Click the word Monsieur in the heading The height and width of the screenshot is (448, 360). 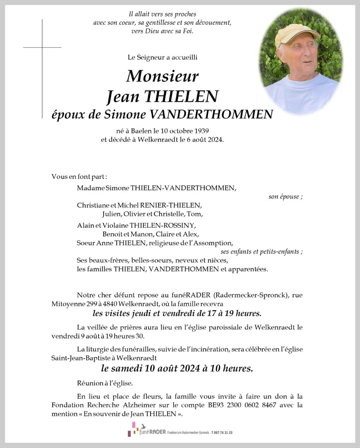click(x=162, y=76)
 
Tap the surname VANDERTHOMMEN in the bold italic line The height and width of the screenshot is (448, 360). click(x=211, y=114)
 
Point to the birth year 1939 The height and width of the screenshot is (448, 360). click(x=201, y=131)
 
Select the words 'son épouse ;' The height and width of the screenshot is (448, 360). click(x=285, y=197)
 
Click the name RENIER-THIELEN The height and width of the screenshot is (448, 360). click(x=171, y=205)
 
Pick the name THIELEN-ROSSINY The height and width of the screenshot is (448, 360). click(x=162, y=226)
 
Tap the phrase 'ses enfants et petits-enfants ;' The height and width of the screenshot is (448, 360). click(x=262, y=252)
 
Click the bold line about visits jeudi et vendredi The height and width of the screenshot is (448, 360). click(x=177, y=313)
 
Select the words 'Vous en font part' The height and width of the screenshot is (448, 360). click(x=79, y=177)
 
